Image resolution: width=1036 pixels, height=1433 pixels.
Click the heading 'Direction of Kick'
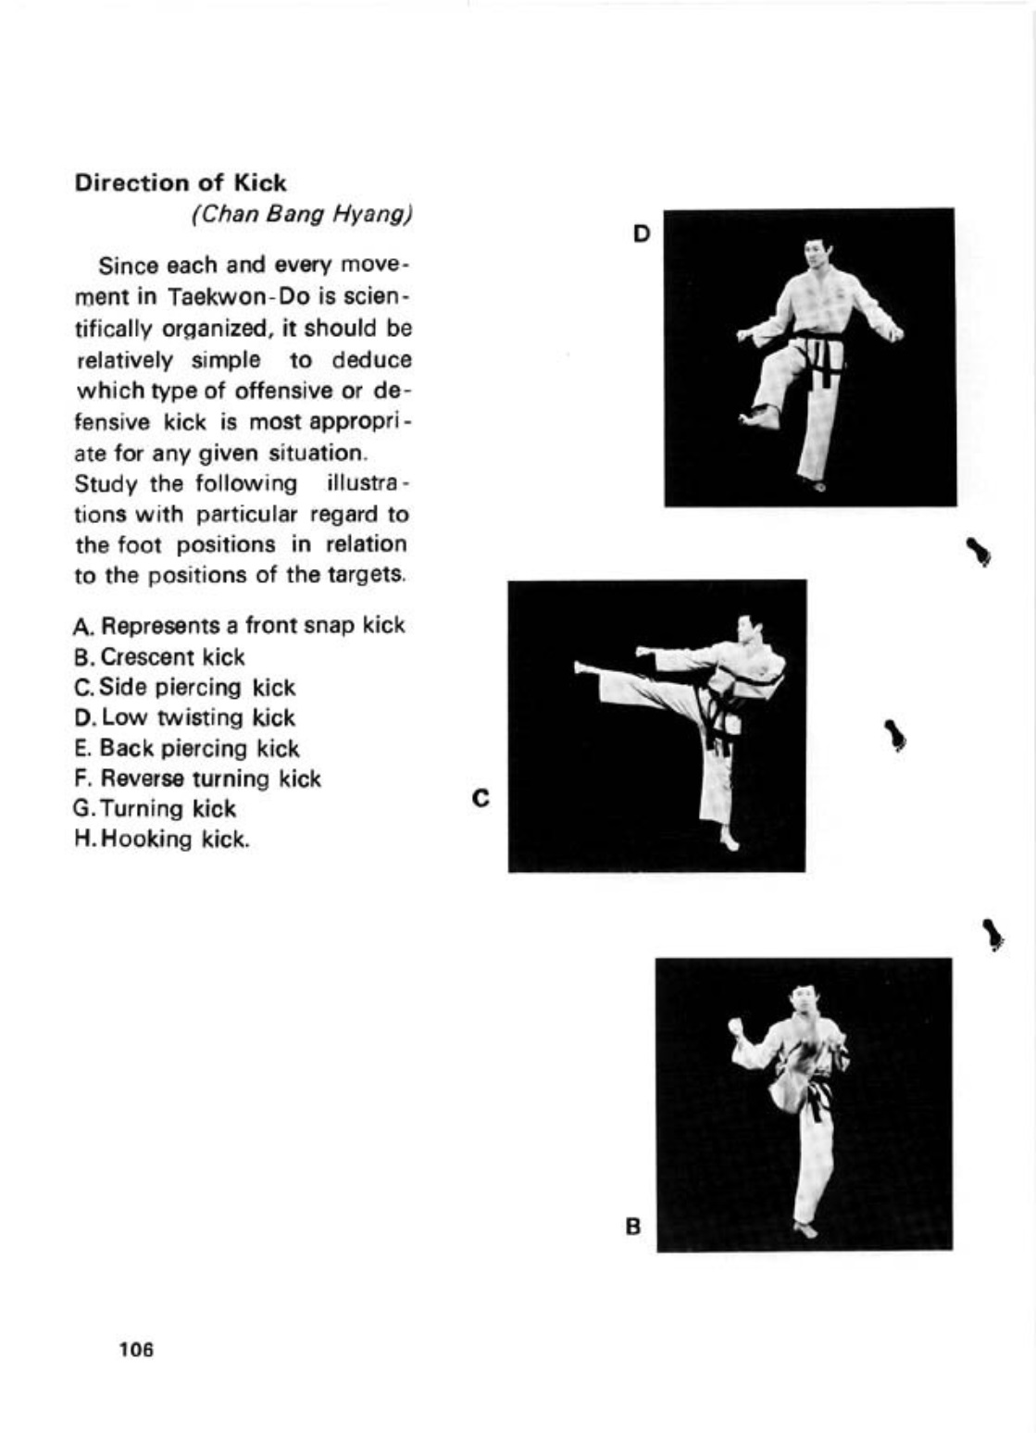click(181, 182)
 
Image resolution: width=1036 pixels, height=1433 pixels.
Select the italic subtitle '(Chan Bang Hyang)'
click(301, 214)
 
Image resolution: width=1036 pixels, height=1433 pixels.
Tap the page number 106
click(136, 1349)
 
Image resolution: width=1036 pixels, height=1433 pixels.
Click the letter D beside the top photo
click(642, 233)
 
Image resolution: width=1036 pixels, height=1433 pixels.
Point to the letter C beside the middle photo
click(480, 797)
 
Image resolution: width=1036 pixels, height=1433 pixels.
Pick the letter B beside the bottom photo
click(633, 1227)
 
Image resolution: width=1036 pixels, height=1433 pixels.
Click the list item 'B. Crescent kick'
click(159, 656)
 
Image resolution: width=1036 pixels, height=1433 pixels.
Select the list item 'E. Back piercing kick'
click(187, 748)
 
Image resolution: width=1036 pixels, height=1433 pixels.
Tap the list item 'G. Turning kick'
click(155, 808)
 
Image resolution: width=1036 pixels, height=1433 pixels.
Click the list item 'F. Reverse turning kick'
click(197, 779)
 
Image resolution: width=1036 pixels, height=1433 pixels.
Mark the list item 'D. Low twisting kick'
click(184, 717)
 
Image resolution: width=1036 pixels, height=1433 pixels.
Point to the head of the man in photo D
click(814, 253)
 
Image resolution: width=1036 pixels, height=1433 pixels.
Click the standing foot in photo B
click(805, 1229)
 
